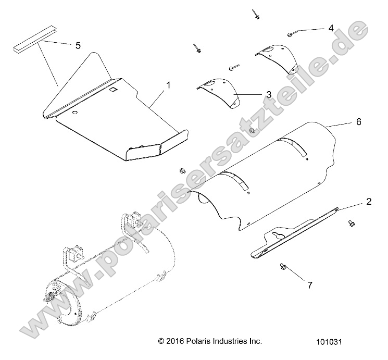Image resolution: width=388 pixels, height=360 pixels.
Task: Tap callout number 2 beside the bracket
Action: tap(368, 202)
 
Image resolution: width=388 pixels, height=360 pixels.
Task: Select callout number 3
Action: tap(268, 94)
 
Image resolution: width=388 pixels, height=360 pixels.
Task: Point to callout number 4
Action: tap(330, 28)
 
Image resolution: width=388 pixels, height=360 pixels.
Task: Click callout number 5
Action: tap(78, 46)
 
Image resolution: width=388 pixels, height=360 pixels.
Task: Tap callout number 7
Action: tap(309, 285)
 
